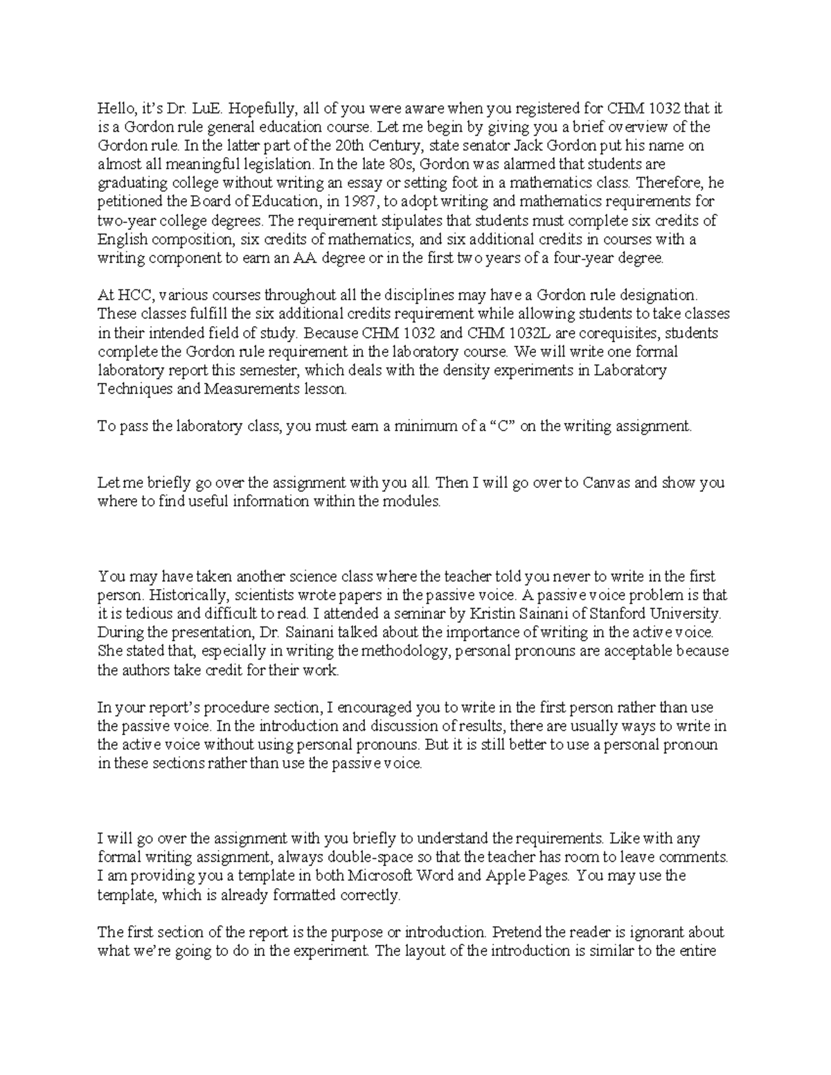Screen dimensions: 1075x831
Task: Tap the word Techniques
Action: (132, 389)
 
